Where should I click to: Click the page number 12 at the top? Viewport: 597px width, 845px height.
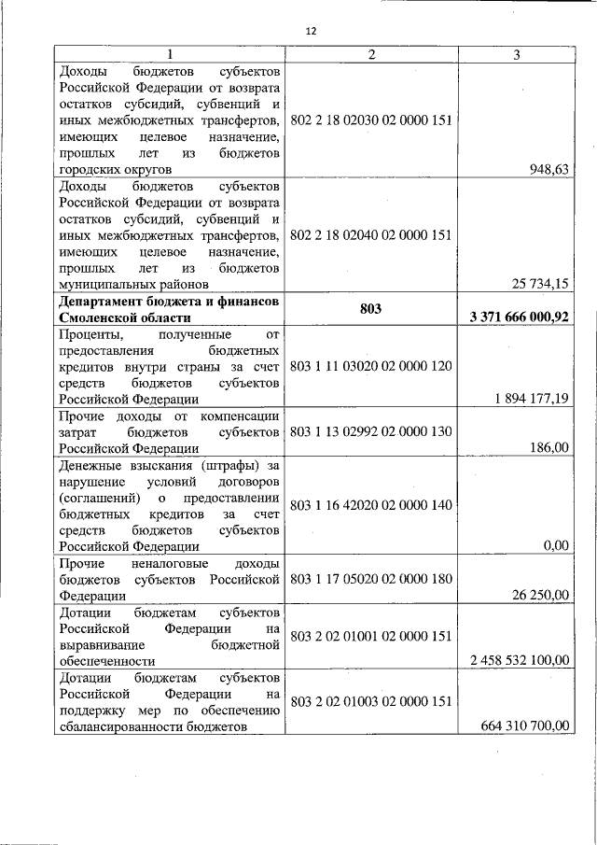(311, 31)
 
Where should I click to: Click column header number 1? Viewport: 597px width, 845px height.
(169, 54)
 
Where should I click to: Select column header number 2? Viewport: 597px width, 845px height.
(371, 54)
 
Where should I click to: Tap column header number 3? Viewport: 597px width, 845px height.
(517, 54)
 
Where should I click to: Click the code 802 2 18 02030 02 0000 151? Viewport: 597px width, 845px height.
(371, 120)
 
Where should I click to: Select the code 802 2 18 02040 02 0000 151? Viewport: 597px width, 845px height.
(371, 234)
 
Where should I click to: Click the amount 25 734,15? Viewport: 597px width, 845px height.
(540, 284)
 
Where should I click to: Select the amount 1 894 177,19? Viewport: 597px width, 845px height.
(533, 399)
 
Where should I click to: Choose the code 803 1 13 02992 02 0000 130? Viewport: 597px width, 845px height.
(371, 431)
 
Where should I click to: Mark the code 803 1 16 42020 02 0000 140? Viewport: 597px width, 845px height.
(371, 505)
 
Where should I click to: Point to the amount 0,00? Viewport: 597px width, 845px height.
(556, 546)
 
